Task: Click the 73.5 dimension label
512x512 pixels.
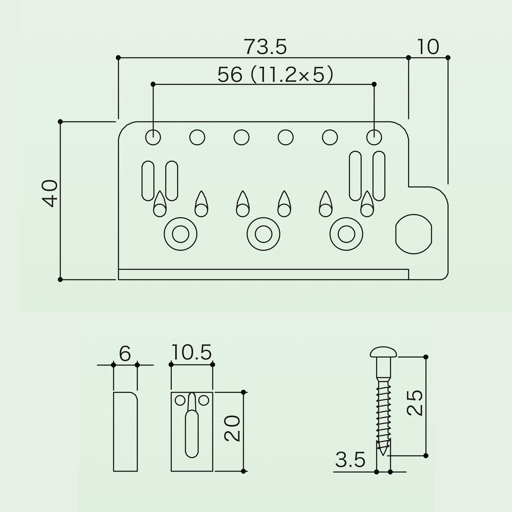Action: point(265,47)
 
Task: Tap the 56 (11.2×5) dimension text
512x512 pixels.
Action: point(275,74)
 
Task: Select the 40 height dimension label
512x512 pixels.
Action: point(50,193)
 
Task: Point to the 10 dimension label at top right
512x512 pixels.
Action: point(428,47)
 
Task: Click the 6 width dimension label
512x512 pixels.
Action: point(125,353)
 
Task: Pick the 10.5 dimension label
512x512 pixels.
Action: point(192,352)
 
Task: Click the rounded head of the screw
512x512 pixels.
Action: point(383,352)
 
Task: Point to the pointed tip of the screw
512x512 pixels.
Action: point(383,455)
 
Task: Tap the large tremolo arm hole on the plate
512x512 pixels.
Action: point(413,234)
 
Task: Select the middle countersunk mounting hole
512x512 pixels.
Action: point(263,234)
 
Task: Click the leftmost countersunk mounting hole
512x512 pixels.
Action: point(180,234)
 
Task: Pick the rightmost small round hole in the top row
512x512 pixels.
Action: point(374,137)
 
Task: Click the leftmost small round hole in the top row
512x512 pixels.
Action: point(153,137)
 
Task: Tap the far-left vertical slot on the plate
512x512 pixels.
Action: point(148,180)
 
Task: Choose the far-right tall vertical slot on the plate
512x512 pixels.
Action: point(379,176)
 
